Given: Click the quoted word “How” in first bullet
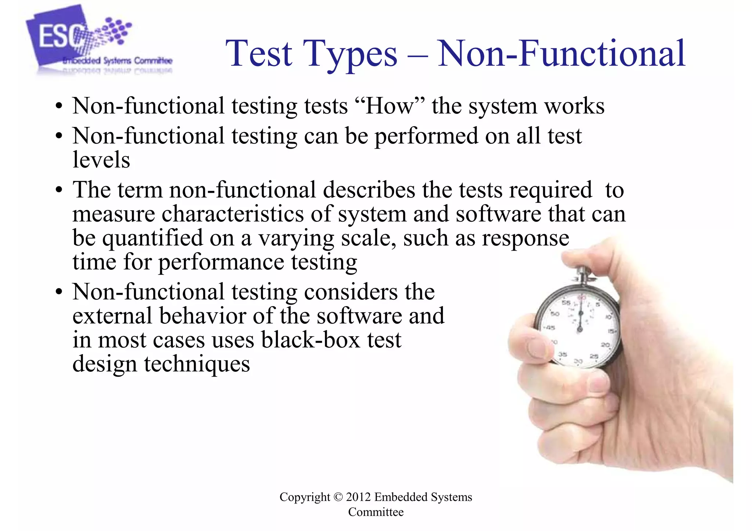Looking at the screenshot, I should coord(390,106).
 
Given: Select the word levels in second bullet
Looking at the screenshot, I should coord(101,160).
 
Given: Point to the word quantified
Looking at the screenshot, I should coord(152,239).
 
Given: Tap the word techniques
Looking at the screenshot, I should coord(197,364).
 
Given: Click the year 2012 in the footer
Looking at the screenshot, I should coord(358,497).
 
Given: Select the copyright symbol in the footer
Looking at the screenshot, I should coord(338,497).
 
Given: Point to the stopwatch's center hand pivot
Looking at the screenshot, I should coord(580,329).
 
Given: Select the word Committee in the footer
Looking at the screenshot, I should coord(376,512).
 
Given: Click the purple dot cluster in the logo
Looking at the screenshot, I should coord(116,29).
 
